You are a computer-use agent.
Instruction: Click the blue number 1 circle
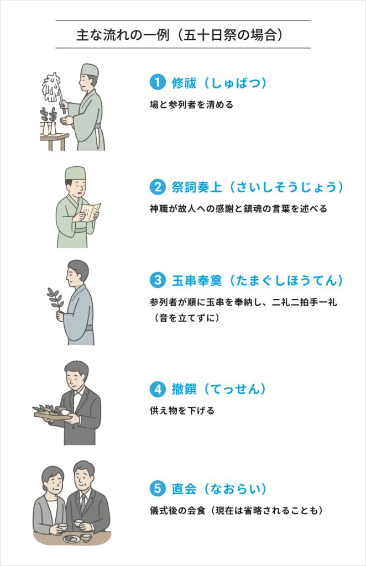[158, 82]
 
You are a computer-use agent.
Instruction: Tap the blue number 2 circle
[158, 187]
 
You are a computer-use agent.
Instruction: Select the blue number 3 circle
[158, 280]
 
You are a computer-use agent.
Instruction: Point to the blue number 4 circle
[158, 389]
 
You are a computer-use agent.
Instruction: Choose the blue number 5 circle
[158, 489]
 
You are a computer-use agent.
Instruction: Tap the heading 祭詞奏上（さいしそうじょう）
[257, 187]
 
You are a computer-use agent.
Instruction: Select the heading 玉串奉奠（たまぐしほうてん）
[257, 280]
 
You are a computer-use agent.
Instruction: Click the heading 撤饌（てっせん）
[219, 389]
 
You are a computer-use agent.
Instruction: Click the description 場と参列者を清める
[192, 104]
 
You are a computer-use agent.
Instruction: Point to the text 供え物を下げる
[182, 411]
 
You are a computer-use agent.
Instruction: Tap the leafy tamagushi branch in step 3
[56, 299]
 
